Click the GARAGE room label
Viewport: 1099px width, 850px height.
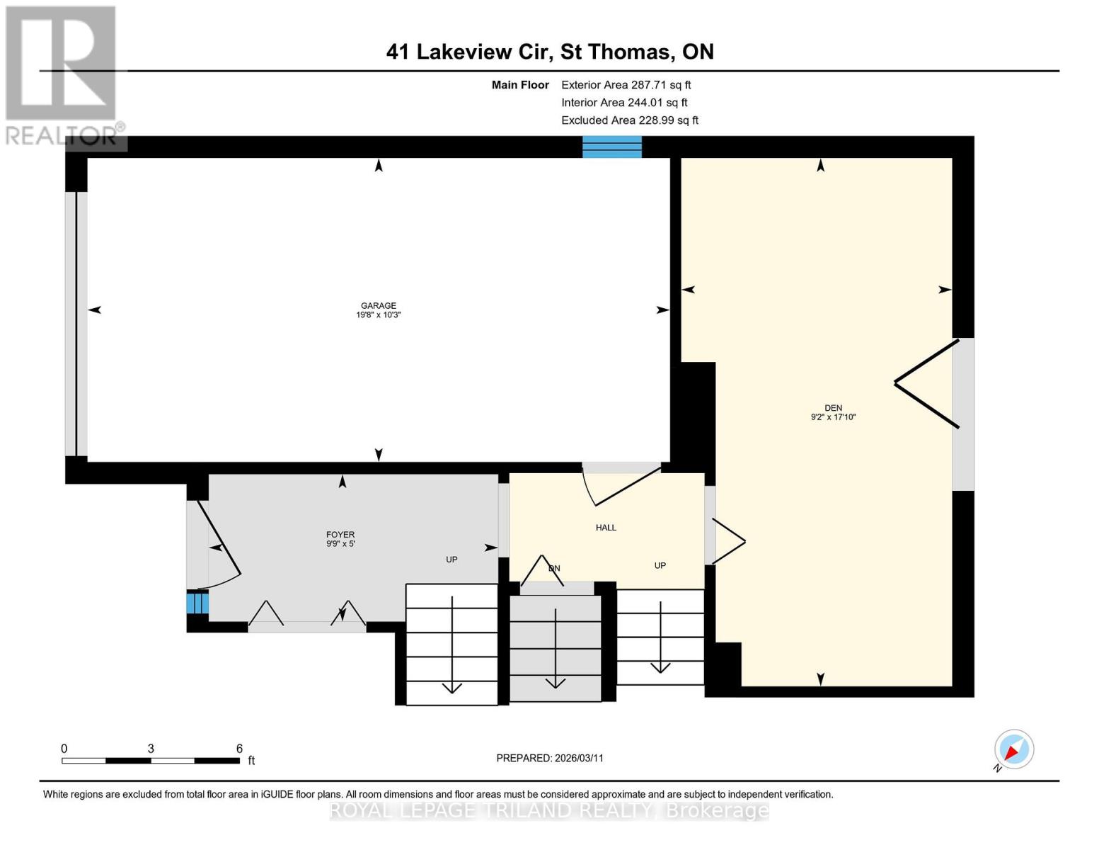pos(378,305)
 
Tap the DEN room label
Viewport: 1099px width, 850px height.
pos(833,407)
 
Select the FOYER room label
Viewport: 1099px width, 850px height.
pos(340,535)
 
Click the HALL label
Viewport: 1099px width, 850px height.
pos(606,527)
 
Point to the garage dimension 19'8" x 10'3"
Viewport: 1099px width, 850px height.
pos(378,315)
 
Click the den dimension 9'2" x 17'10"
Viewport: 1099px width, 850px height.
pos(833,417)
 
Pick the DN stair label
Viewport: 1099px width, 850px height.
pos(554,568)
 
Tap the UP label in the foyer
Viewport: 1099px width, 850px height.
pos(451,560)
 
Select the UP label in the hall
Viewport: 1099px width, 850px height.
pos(660,565)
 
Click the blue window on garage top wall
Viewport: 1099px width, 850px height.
pos(611,147)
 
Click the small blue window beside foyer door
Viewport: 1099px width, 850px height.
pos(197,603)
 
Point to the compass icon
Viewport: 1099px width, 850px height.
pos(1013,749)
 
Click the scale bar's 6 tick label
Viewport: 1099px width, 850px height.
pos(239,749)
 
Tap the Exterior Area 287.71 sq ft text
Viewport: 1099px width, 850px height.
pos(626,85)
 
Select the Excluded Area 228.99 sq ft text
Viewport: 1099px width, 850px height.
pos(629,120)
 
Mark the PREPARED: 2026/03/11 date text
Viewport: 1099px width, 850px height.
pos(549,758)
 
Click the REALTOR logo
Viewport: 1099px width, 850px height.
pos(62,74)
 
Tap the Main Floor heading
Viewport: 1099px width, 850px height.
pos(520,85)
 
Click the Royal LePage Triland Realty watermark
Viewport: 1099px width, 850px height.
pos(549,810)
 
